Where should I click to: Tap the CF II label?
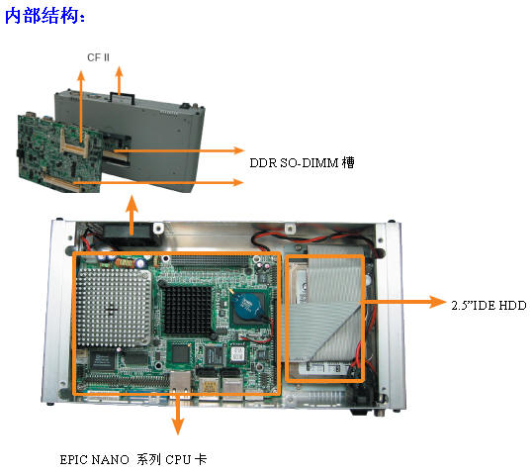[x=98, y=57]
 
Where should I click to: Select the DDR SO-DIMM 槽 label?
[x=302, y=162]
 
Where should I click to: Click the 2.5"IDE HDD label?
[x=488, y=305]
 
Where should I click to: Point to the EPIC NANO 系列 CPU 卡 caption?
[x=133, y=459]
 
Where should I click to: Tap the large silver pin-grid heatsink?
[x=114, y=308]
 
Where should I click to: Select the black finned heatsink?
[x=187, y=311]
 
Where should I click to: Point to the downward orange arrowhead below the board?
[x=177, y=427]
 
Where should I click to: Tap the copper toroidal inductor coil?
[x=125, y=263]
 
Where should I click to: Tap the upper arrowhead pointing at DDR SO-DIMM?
[x=237, y=150]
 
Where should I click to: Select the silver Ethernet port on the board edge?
[x=181, y=382]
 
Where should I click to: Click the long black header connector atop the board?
[x=210, y=261]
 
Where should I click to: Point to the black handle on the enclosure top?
[x=123, y=98]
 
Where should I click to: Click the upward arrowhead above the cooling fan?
[x=132, y=204]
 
